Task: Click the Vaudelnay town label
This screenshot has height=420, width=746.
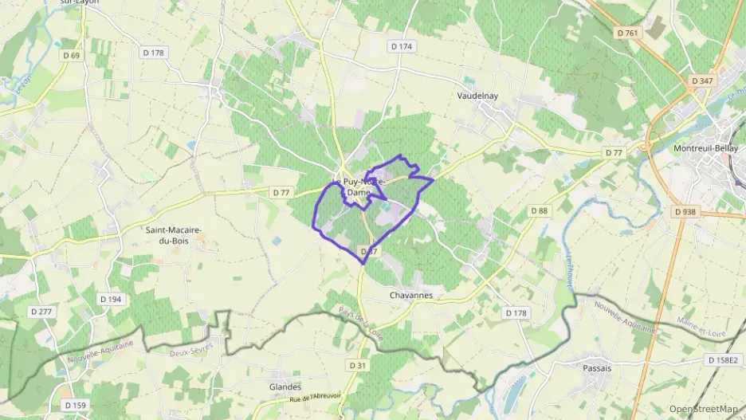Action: tap(477, 96)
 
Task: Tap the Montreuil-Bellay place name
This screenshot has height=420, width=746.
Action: tap(702, 149)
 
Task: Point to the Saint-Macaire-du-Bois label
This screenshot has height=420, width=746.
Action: tap(173, 235)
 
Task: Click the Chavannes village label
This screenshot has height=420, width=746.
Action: tap(411, 295)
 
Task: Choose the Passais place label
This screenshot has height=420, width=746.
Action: tap(597, 368)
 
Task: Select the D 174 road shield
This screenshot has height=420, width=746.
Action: tap(402, 46)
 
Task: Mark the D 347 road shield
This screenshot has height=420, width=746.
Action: tap(702, 81)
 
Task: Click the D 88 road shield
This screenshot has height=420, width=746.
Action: tap(540, 210)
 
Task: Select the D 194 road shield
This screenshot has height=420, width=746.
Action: tap(110, 299)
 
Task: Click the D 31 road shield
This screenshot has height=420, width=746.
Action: tap(358, 364)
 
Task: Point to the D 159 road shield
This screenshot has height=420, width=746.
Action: tap(74, 406)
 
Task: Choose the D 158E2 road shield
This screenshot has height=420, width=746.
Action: tap(724, 360)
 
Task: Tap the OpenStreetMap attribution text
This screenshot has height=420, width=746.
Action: tap(703, 409)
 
